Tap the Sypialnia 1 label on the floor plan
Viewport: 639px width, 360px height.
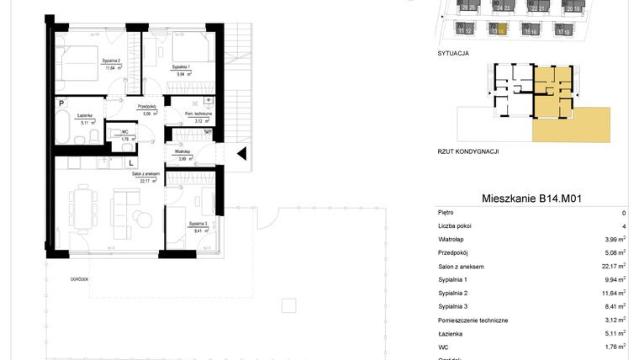click(182, 66)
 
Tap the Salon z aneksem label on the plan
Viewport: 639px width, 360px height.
click(145, 174)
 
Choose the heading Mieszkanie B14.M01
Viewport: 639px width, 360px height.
click(532, 199)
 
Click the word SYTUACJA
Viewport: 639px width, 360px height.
click(453, 52)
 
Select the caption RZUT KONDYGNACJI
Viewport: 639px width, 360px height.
click(468, 151)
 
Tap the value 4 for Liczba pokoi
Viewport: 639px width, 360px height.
click(623, 226)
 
